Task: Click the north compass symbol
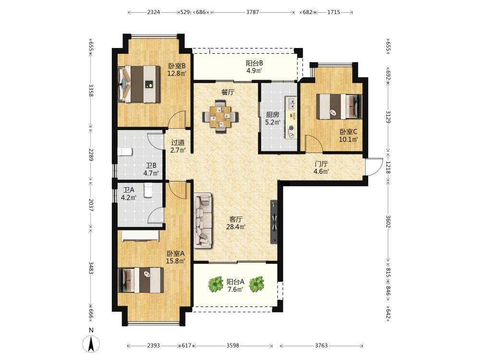91,344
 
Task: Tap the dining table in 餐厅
221,116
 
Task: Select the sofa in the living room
203,220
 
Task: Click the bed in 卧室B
139,84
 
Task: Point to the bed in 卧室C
339,106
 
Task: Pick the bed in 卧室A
141,280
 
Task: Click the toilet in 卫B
125,152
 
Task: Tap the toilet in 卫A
148,190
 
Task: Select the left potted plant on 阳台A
216,284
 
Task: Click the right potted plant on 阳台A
256,284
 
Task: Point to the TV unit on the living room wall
274,222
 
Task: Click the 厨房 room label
273,115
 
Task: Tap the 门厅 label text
321,164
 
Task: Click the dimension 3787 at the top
252,12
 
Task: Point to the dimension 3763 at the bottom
321,346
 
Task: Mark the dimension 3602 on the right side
388,222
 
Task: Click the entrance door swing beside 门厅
374,167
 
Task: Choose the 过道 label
178,143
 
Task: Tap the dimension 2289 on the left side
91,155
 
